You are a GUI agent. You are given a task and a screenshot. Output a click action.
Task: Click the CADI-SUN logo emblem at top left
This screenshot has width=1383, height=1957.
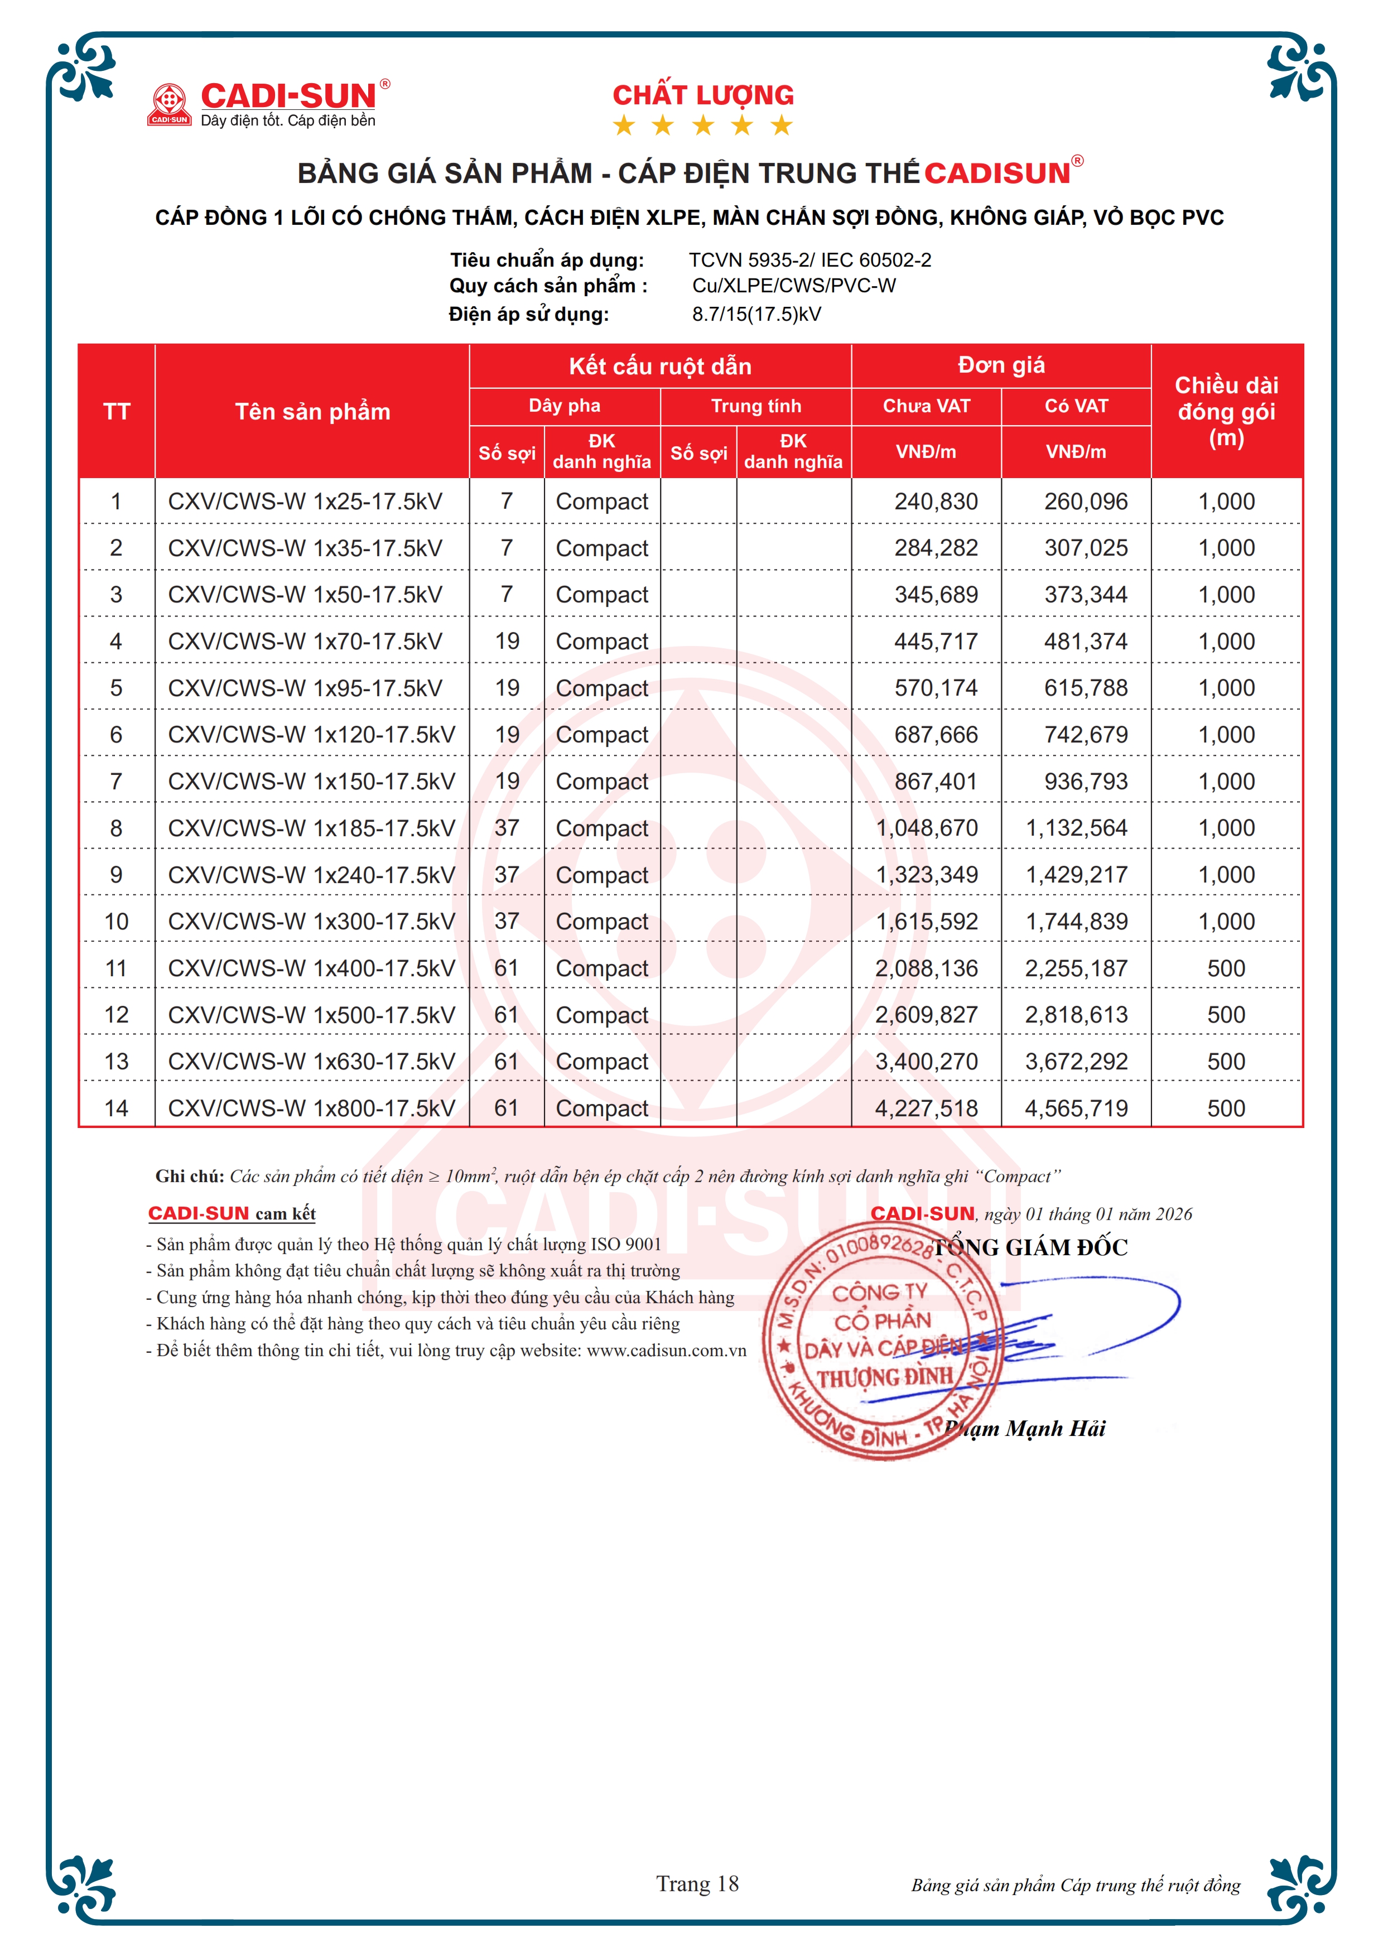[x=168, y=103]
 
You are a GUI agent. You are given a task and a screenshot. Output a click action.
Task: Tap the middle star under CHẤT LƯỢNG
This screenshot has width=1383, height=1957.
[x=703, y=126]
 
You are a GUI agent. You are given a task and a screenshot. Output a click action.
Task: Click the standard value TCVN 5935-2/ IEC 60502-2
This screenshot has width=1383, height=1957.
[x=809, y=260]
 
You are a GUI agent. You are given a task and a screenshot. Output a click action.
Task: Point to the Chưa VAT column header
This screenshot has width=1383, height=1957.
[x=926, y=406]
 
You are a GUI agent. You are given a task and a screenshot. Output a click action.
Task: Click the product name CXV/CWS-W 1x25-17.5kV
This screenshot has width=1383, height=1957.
[x=305, y=501]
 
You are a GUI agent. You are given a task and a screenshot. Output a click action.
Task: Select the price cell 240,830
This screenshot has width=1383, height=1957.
[x=936, y=501]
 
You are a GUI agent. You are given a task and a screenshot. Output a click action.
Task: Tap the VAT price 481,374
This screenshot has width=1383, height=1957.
[x=1086, y=641]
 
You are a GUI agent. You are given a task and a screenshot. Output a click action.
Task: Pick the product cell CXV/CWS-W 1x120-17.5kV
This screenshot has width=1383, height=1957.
[x=311, y=735]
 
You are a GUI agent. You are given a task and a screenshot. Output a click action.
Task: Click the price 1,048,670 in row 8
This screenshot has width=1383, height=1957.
[x=927, y=828]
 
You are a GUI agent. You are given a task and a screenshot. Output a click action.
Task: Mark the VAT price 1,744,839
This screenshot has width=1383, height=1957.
[x=1076, y=922]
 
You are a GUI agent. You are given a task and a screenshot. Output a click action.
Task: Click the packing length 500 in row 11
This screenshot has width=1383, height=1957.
[x=1226, y=968]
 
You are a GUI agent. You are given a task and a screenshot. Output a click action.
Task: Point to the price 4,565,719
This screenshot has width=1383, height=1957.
[x=1076, y=1108]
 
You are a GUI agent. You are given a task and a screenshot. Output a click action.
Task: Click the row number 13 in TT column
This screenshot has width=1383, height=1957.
[x=117, y=1061]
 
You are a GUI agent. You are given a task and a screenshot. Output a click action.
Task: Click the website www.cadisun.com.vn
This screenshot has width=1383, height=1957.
[x=666, y=1350]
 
